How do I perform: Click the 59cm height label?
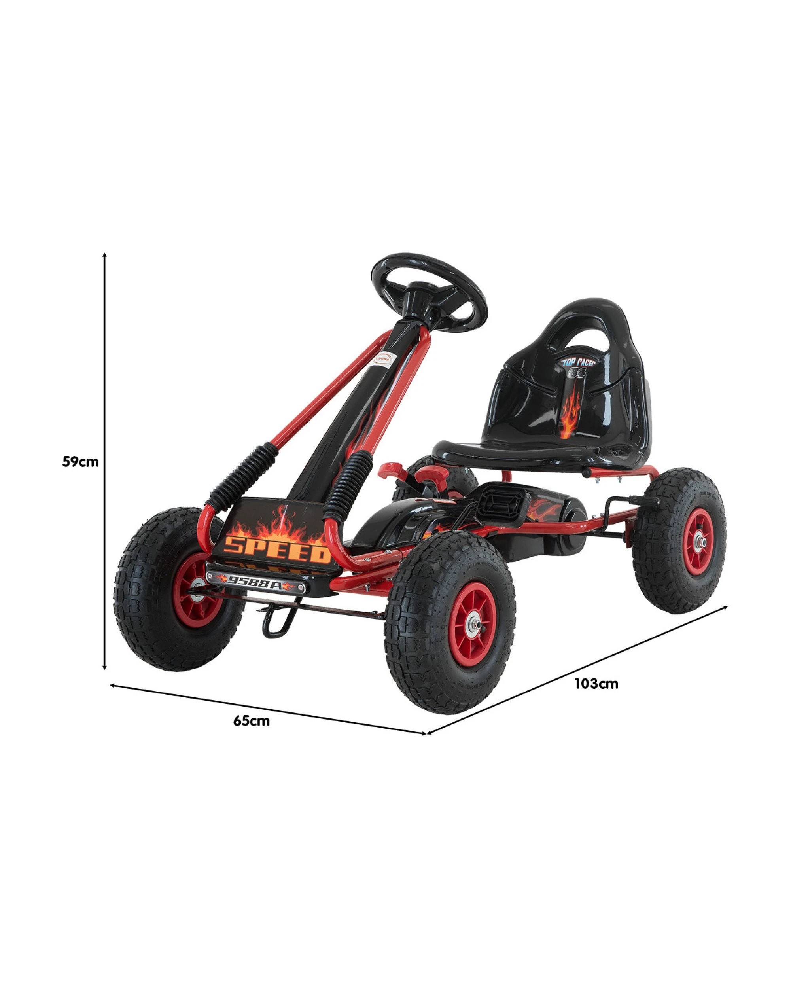pyautogui.click(x=80, y=462)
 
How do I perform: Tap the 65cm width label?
pyautogui.click(x=251, y=721)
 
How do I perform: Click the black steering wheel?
pyautogui.click(x=428, y=290)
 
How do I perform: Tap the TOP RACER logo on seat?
pyautogui.click(x=579, y=363)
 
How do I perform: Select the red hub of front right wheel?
pyautogui.click(x=474, y=624)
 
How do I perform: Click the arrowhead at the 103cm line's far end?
pyautogui.click(x=726, y=607)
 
